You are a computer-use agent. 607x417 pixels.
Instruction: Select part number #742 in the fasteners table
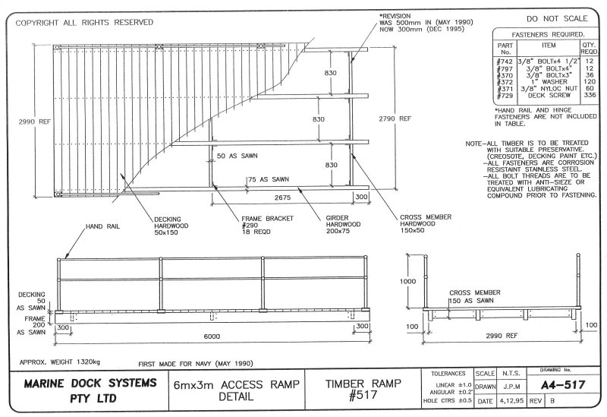pos(505,60)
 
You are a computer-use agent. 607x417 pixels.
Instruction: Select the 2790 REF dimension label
pos(395,119)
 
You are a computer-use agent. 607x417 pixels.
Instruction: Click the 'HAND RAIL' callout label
pos(103,226)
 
